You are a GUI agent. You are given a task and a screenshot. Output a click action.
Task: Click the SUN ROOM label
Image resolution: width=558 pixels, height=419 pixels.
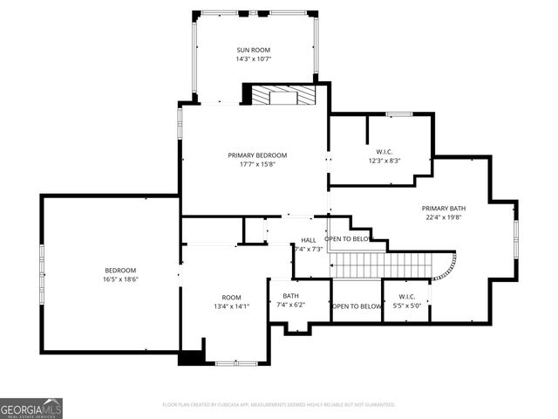pos(254,50)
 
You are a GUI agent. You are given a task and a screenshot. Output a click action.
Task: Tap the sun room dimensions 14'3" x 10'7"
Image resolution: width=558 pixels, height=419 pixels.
pos(254,59)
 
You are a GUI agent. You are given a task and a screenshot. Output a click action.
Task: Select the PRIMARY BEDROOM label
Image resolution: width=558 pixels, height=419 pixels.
pos(257,155)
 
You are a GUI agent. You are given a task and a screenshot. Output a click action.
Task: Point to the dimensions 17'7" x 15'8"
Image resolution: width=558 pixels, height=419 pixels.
pos(257,165)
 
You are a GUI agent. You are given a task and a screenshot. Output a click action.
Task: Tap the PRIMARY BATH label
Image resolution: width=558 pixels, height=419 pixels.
pos(444,209)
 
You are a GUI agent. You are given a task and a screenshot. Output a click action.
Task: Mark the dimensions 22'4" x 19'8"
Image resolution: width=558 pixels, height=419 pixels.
pos(444,218)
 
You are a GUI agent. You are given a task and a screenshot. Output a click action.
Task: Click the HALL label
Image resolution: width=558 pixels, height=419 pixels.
pos(309,240)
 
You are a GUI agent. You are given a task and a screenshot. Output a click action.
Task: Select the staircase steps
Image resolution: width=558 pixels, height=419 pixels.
pos(384,265)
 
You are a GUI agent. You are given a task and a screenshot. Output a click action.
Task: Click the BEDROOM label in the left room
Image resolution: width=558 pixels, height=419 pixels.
pos(121,271)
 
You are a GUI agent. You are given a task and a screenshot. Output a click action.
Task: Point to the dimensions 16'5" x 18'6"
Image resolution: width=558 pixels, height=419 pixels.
pos(121,280)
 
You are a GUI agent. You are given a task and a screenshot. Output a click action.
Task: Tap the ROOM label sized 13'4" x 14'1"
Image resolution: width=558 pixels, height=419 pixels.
pos(231,297)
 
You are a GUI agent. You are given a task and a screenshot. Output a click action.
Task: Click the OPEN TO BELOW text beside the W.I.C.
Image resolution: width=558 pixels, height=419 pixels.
pos(356,306)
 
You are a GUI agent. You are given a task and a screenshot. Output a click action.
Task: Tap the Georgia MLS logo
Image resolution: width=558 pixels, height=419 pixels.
pos(31,408)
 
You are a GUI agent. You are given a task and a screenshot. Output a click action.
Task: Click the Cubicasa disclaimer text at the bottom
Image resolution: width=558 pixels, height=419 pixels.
pos(279,405)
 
